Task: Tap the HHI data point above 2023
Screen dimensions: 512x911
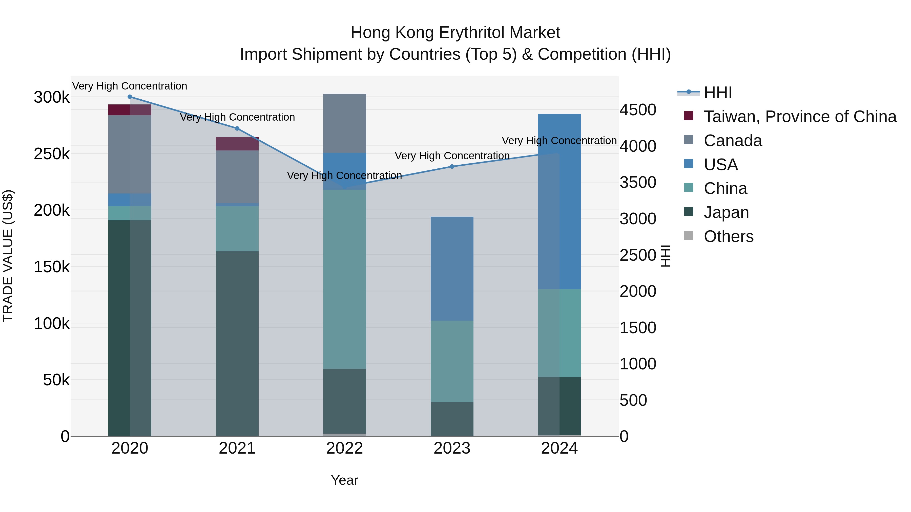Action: (x=452, y=166)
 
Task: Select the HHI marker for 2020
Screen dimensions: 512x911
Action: (x=130, y=97)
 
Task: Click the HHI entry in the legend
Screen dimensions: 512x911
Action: (x=718, y=93)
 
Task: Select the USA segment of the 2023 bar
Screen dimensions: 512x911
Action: (x=452, y=269)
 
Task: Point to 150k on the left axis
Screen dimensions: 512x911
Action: (x=52, y=267)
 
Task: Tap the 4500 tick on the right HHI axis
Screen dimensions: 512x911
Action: (x=638, y=110)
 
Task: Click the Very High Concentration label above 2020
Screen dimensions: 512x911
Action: (x=130, y=86)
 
